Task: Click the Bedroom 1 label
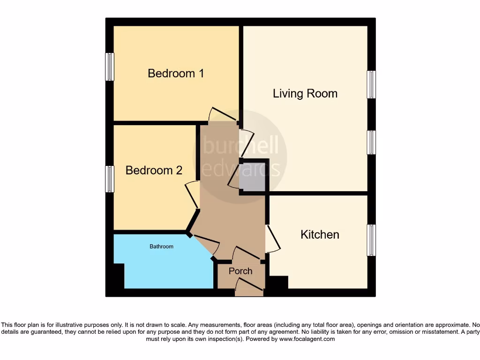[x=176, y=74]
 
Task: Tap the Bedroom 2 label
[x=154, y=170]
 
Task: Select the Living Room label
[x=305, y=94]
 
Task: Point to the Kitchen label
[x=320, y=234]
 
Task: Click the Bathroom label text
[x=161, y=247]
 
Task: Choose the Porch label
[x=240, y=271]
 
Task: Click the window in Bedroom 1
[x=110, y=67]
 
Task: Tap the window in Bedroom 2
[x=110, y=179]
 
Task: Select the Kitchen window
[x=371, y=240]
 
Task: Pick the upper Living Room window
[x=371, y=84]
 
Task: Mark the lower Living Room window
[x=371, y=142]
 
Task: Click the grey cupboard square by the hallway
[x=253, y=177]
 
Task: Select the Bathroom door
[x=206, y=243]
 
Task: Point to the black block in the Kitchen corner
[x=279, y=283]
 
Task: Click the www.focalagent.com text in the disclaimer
[x=307, y=339]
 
